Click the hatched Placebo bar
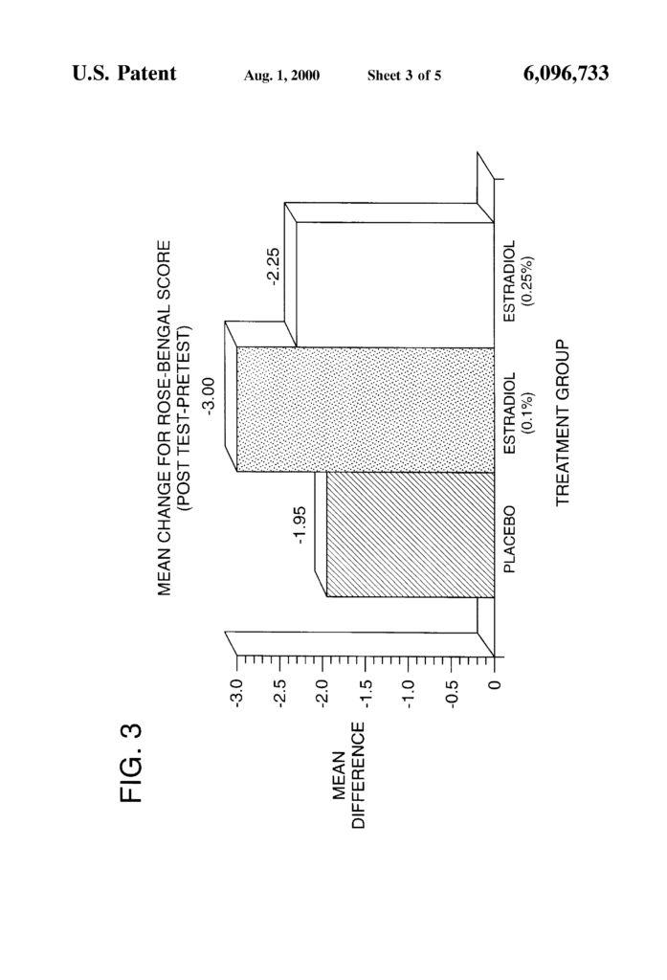click(411, 535)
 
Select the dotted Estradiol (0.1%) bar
click(365, 410)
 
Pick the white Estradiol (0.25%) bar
click(395, 284)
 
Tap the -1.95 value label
click(300, 525)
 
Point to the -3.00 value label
click(209, 396)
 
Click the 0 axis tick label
click(495, 684)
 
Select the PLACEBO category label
click(509, 539)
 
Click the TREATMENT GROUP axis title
click(563, 423)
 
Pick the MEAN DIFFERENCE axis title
click(349, 775)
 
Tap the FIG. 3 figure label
click(131, 763)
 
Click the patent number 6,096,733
click(567, 74)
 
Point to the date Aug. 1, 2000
click(281, 76)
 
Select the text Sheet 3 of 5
click(404, 76)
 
